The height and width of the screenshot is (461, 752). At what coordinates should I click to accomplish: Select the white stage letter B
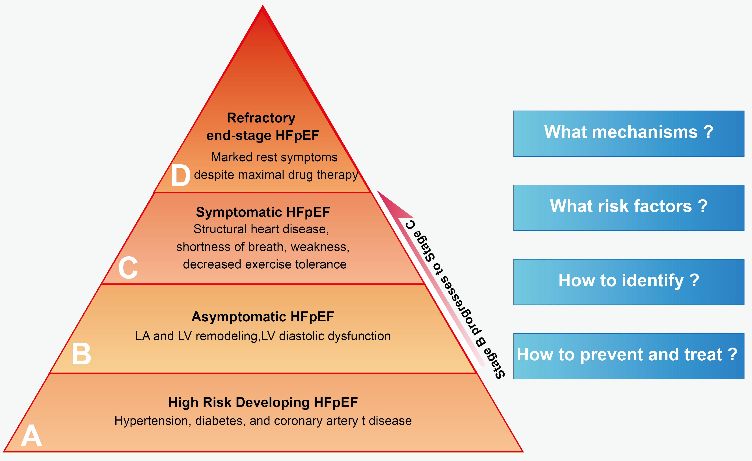point(81,354)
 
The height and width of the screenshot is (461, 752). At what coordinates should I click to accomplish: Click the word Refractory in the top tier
point(261,118)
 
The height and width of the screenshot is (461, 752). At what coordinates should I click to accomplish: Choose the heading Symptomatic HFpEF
point(263,212)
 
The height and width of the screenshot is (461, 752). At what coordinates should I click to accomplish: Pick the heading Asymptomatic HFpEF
point(263,317)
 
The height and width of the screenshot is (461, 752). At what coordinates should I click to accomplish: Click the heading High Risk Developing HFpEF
point(263,402)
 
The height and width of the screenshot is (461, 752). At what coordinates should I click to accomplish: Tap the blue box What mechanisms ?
point(629,134)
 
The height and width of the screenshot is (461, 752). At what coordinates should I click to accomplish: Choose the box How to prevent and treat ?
point(629,356)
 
